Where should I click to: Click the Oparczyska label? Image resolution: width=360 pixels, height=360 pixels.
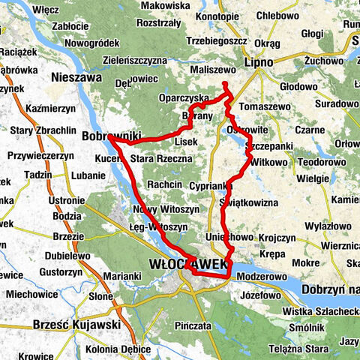pyautogui.click(x=184, y=98)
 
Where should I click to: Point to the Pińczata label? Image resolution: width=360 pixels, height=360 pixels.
pyautogui.click(x=190, y=327)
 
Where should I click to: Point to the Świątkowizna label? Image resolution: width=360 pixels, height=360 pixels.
pyautogui.click(x=250, y=202)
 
